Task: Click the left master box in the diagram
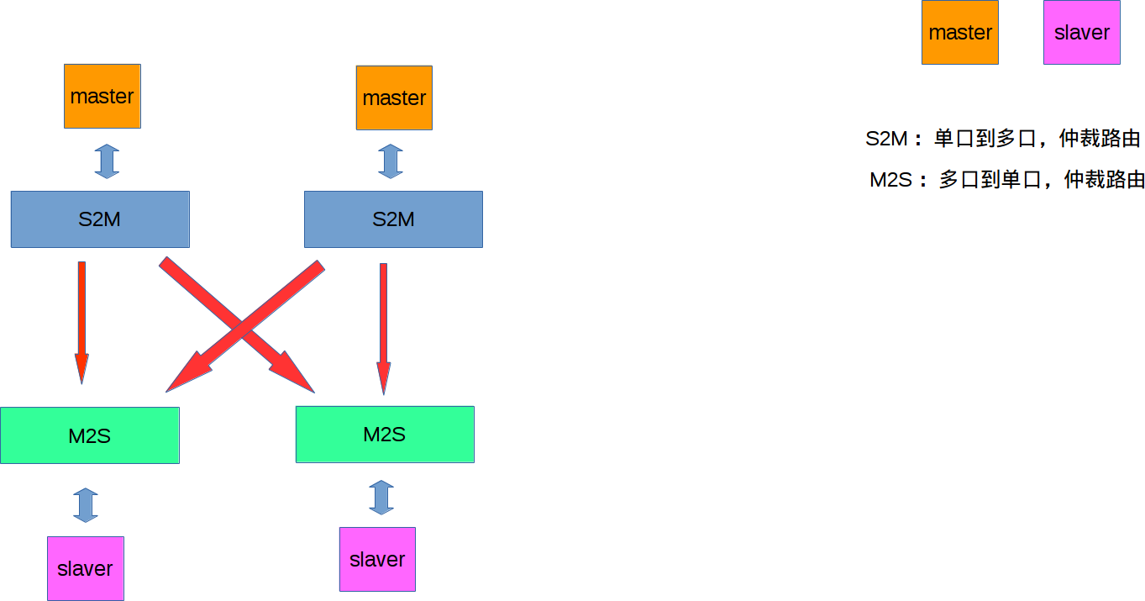coord(102,96)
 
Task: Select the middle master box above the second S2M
coord(394,98)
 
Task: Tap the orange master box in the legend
coord(960,33)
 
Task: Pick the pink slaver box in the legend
coord(1082,33)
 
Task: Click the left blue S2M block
coord(100,219)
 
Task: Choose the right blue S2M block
coord(393,219)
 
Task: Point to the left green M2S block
coord(90,435)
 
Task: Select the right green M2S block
coord(385,435)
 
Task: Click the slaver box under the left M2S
coord(86,568)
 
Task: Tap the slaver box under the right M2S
coord(377,559)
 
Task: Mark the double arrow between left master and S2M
coord(107,161)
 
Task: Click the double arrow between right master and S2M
coord(391,161)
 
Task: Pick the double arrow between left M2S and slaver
coord(86,504)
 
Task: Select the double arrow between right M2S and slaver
coord(381,497)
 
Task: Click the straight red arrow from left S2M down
coord(81,319)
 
